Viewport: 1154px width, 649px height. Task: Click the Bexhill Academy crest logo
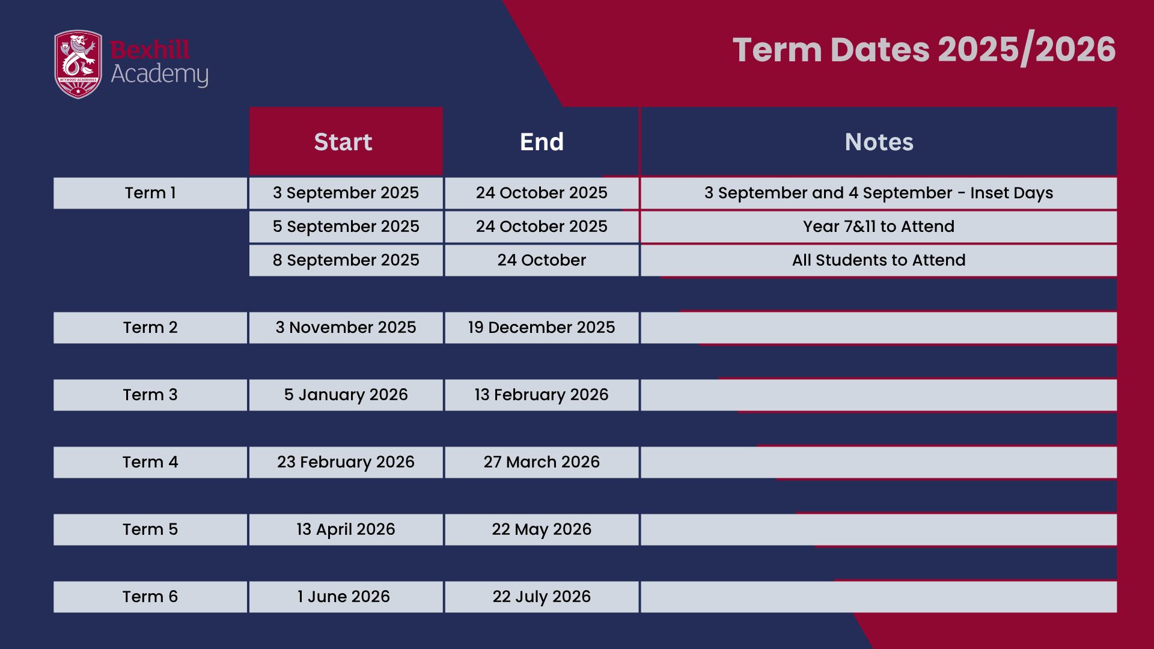pyautogui.click(x=78, y=64)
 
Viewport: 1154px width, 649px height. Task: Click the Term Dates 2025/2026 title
pyautogui.click(x=924, y=49)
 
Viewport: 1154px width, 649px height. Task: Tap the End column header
pyautogui.click(x=542, y=142)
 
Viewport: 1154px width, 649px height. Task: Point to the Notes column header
pyautogui.click(x=879, y=142)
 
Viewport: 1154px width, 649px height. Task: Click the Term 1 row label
pyautogui.click(x=150, y=193)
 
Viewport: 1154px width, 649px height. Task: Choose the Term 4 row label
pyautogui.click(x=150, y=462)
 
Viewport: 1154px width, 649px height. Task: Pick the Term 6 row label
pyautogui.click(x=150, y=597)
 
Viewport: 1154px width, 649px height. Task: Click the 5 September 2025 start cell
pyautogui.click(x=346, y=227)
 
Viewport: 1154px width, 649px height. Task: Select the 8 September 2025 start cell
pyautogui.click(x=346, y=260)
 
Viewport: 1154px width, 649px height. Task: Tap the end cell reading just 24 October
pyautogui.click(x=542, y=260)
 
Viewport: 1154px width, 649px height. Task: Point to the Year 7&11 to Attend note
pyautogui.click(x=879, y=227)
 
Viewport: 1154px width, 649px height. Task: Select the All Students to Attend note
pyautogui.click(x=879, y=260)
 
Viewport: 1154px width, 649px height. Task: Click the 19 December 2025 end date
pyautogui.click(x=542, y=328)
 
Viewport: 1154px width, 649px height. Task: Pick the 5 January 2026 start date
pyautogui.click(x=346, y=395)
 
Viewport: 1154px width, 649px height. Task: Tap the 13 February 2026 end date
pyautogui.click(x=542, y=395)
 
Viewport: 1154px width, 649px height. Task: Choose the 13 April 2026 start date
pyautogui.click(x=346, y=529)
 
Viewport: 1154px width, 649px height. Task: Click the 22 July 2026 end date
pyautogui.click(x=542, y=597)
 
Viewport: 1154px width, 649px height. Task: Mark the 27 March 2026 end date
pyautogui.click(x=542, y=462)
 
